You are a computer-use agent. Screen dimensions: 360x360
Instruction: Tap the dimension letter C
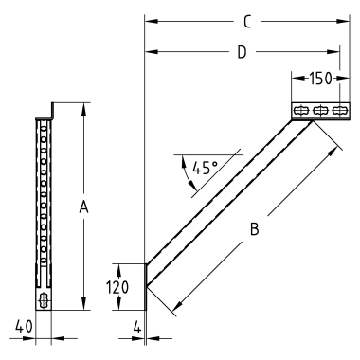coord(246,19)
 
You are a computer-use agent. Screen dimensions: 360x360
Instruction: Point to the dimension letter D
coord(242,53)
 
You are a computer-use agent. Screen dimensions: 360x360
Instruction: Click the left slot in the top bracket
coord(300,111)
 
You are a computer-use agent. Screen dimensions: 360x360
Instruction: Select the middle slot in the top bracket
coord(319,111)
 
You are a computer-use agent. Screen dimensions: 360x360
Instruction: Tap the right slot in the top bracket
coord(336,111)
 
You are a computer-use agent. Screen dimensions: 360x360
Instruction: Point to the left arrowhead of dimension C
coord(149,19)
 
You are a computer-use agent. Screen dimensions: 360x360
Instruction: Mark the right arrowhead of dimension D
coord(335,53)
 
